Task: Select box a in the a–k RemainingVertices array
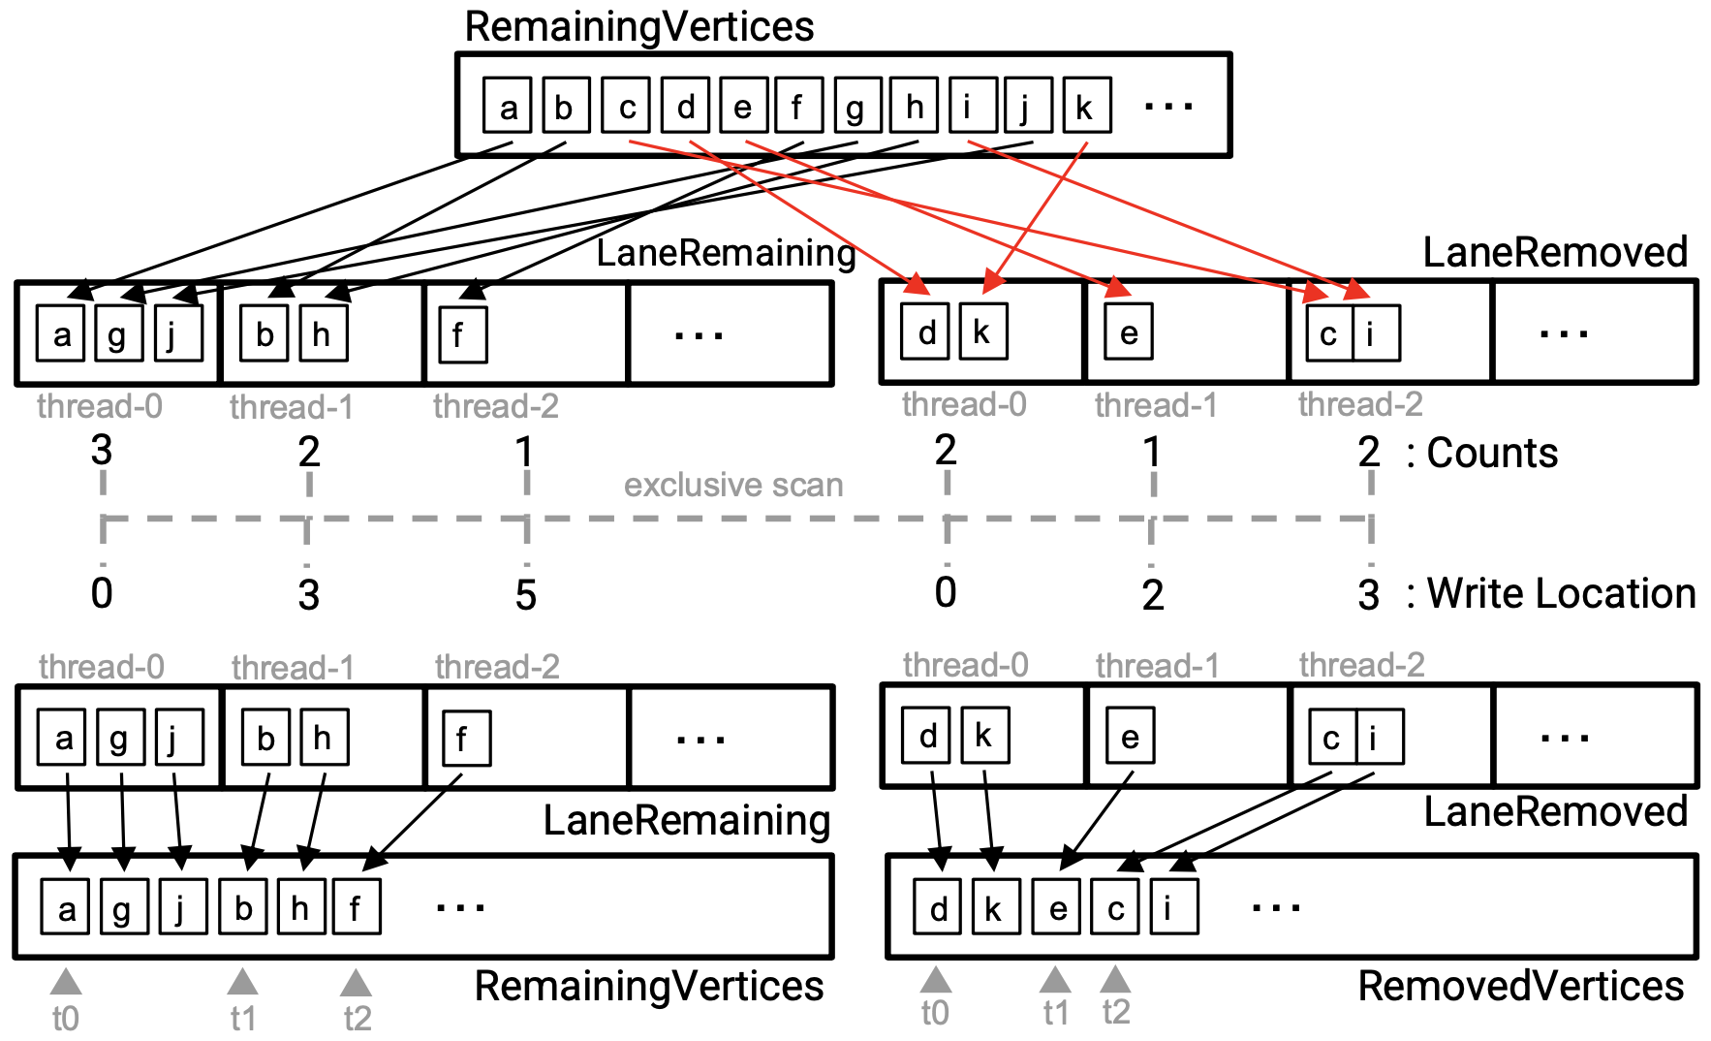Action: [508, 106]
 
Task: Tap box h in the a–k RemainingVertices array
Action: [913, 106]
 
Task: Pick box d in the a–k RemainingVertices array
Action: [686, 106]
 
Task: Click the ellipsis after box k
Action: [1167, 106]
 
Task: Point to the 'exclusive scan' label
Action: [733, 485]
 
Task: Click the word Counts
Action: [1492, 453]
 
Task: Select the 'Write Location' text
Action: [1561, 593]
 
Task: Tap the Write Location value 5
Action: [525, 595]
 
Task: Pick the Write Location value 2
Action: [1152, 595]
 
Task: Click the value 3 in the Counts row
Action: [102, 451]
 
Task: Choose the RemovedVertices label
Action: [1520, 986]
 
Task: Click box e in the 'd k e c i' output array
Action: [1056, 908]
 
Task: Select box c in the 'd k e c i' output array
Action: [1115, 908]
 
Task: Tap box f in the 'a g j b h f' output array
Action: [356, 908]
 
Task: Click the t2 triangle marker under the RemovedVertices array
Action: [1115, 979]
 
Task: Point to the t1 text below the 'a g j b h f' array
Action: [242, 1018]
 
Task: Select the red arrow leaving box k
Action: [1037, 215]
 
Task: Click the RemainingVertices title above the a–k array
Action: [639, 26]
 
